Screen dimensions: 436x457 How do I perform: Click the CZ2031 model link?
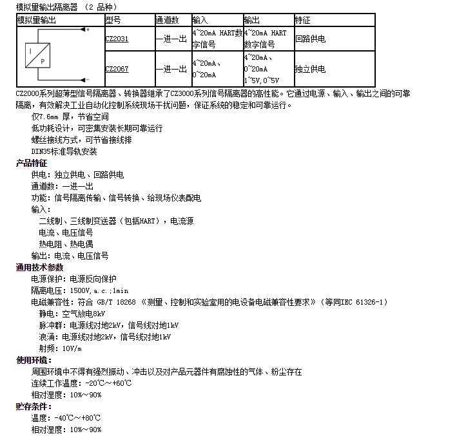(x=117, y=39)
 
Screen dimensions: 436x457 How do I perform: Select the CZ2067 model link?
(x=117, y=69)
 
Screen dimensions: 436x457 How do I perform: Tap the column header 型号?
(x=113, y=20)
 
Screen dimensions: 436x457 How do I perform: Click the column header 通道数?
(x=166, y=20)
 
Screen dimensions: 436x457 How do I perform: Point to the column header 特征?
(x=302, y=20)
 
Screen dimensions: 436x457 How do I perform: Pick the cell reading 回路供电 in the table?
(x=310, y=39)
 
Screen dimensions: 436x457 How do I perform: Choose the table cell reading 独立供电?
(x=310, y=69)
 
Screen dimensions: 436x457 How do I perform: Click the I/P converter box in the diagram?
(x=39, y=55)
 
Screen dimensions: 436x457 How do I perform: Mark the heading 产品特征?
(x=32, y=163)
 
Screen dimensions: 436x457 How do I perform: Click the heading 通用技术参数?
(x=39, y=267)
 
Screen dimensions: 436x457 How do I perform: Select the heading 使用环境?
(x=34, y=360)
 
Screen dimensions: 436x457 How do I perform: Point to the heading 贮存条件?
(x=34, y=406)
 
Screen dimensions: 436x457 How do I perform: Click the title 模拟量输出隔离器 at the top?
(x=46, y=7)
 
